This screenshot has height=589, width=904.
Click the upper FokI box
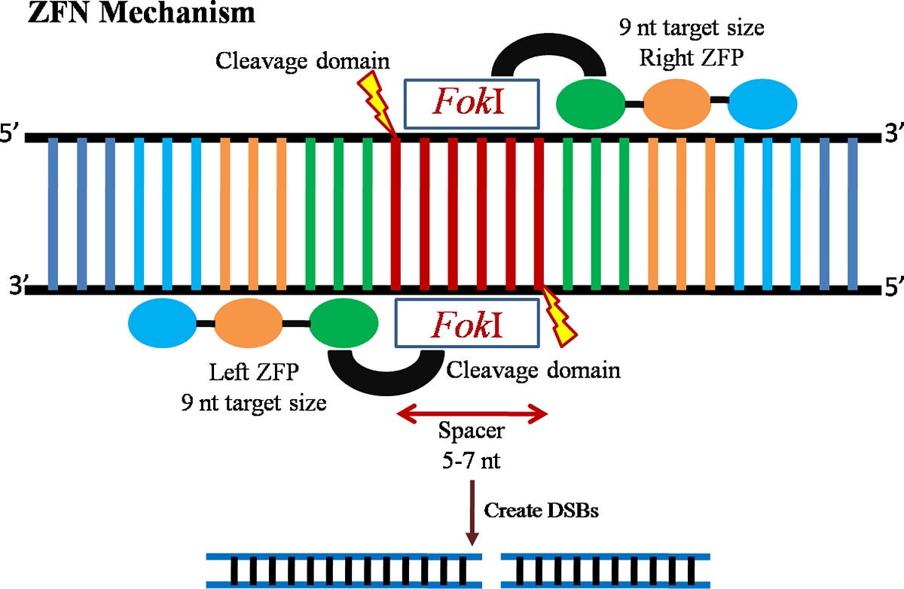(x=472, y=104)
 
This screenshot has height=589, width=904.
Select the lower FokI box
(x=467, y=322)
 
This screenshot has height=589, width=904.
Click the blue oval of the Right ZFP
(x=762, y=104)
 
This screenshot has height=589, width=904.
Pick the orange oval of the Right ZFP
(x=676, y=104)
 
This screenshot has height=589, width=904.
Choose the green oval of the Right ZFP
(x=591, y=104)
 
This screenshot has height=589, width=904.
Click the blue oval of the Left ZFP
(x=162, y=323)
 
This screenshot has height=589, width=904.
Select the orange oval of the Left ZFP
(x=248, y=323)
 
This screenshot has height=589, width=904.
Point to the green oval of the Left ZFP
(x=344, y=323)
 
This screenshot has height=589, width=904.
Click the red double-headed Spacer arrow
(x=472, y=414)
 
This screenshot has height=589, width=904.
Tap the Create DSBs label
(x=541, y=511)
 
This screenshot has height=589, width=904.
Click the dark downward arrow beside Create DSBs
(x=472, y=512)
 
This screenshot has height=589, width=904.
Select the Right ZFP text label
(x=692, y=58)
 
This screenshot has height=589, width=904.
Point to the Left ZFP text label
(x=254, y=372)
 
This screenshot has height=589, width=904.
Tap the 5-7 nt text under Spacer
(x=472, y=460)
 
